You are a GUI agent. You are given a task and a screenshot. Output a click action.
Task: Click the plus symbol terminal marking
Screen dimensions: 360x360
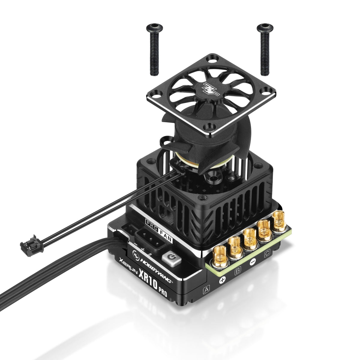(223, 281)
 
